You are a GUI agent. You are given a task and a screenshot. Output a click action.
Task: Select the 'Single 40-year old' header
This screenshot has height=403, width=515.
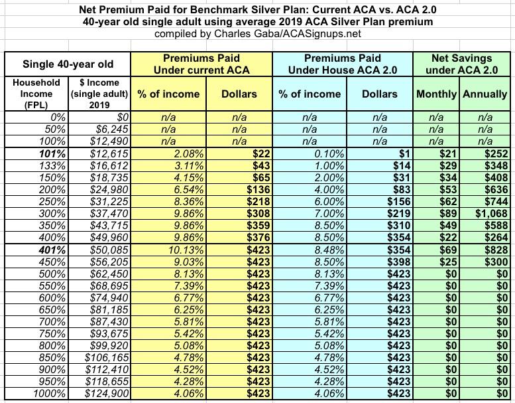click(68, 64)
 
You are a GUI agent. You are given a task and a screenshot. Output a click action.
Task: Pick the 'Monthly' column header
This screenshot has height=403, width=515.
click(436, 94)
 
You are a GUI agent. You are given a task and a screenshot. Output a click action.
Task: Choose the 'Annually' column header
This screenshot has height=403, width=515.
click(485, 94)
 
